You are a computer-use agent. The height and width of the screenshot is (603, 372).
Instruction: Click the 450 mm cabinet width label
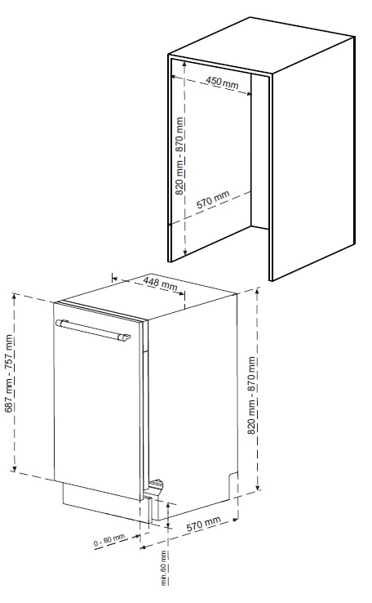pos(222,83)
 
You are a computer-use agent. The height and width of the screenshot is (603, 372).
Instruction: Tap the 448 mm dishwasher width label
pos(161,284)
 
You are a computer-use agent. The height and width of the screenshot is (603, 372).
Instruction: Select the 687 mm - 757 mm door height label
pos(10,373)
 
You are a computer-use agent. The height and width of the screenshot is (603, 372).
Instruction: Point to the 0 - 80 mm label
pos(109,540)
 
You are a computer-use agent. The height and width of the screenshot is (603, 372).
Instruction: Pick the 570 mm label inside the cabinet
pos(213,199)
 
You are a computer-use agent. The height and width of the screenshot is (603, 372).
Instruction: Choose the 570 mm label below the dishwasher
pos(203,525)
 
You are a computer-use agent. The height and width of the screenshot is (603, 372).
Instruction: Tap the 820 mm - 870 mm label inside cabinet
pos(180,156)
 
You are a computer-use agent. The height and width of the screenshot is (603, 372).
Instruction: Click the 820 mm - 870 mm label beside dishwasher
pos(251,395)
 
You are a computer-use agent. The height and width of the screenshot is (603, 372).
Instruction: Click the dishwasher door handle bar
pos(93,329)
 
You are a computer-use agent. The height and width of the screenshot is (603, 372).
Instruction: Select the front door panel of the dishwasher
pos(97,400)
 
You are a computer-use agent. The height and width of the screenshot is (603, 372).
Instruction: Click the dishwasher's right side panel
pos(192,400)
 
